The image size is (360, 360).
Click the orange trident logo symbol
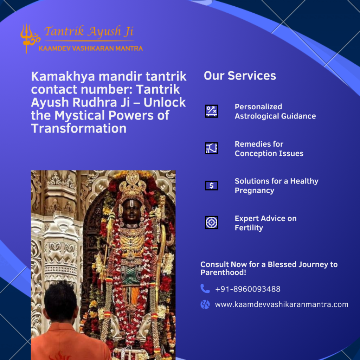(30, 38)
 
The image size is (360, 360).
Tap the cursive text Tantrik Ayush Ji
(89, 31)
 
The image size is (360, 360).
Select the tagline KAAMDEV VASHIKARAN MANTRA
(91, 48)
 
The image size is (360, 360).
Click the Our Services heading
(240, 76)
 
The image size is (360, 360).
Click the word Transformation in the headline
(79, 128)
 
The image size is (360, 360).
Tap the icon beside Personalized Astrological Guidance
(211, 111)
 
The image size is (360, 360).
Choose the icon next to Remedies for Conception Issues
(211, 148)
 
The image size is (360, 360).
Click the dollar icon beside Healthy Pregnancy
(211, 186)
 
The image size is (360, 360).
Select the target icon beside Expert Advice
(211, 223)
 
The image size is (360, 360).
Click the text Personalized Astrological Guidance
(275, 111)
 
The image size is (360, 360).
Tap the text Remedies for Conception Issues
(269, 149)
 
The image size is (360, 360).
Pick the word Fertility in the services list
(249, 228)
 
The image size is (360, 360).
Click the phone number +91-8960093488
(248, 289)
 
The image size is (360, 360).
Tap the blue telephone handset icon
(205, 289)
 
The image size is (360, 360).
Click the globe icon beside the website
(205, 304)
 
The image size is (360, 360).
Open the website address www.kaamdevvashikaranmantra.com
(282, 304)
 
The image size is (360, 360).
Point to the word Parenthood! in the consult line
(223, 272)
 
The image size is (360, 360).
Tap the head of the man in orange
(60, 301)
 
